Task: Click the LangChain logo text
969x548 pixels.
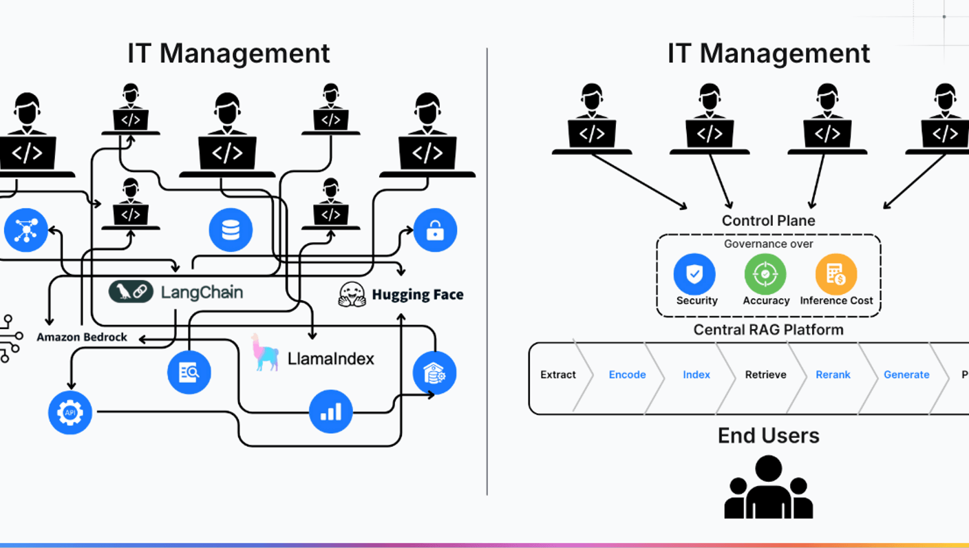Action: pyautogui.click(x=201, y=292)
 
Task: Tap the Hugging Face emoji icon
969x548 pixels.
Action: pyautogui.click(x=352, y=294)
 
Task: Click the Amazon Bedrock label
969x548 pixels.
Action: pyautogui.click(x=82, y=337)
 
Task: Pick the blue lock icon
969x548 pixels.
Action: pyautogui.click(x=435, y=230)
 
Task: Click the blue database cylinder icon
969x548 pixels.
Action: pyautogui.click(x=231, y=230)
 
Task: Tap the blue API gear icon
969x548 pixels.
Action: pyautogui.click(x=70, y=412)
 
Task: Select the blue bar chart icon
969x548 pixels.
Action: pyautogui.click(x=331, y=411)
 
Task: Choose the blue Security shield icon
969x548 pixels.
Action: pyautogui.click(x=694, y=274)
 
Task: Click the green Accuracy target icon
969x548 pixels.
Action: pyautogui.click(x=765, y=274)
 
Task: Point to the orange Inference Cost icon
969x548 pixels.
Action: pyautogui.click(x=836, y=274)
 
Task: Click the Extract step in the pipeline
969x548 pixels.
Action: pyautogui.click(x=558, y=375)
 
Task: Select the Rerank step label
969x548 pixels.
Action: pyautogui.click(x=833, y=375)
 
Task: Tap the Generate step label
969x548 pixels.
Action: pyautogui.click(x=906, y=375)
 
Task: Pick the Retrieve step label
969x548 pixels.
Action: pyautogui.click(x=765, y=375)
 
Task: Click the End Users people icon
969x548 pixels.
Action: pyautogui.click(x=769, y=487)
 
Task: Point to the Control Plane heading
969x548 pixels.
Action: pyautogui.click(x=768, y=221)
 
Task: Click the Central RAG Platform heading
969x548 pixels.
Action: pyautogui.click(x=768, y=330)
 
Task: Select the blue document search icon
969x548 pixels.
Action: pyautogui.click(x=189, y=372)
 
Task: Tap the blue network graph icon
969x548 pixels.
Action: pyautogui.click(x=26, y=230)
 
